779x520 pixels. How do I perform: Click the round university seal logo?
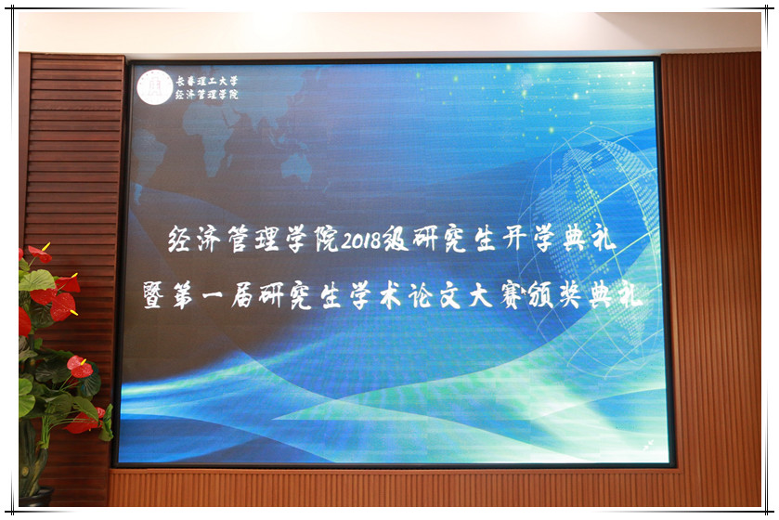click(x=155, y=87)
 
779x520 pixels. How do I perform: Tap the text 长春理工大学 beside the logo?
click(x=207, y=81)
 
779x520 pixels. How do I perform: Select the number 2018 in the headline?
click(x=360, y=240)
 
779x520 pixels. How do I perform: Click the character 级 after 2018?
click(x=395, y=239)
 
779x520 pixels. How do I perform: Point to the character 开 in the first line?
click(x=514, y=240)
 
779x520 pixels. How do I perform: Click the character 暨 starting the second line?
click(x=153, y=294)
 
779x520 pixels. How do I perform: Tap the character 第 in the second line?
click(x=183, y=295)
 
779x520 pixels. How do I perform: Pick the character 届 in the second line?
click(x=243, y=295)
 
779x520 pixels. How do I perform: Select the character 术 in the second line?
click(x=391, y=296)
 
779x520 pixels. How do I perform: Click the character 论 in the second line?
click(x=421, y=296)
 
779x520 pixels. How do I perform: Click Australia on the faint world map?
click(x=296, y=166)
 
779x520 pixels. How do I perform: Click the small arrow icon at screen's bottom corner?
click(x=648, y=446)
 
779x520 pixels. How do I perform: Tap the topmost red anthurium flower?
click(x=40, y=253)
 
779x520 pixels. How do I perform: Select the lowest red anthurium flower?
click(x=85, y=422)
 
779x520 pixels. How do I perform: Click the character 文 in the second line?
click(x=450, y=296)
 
